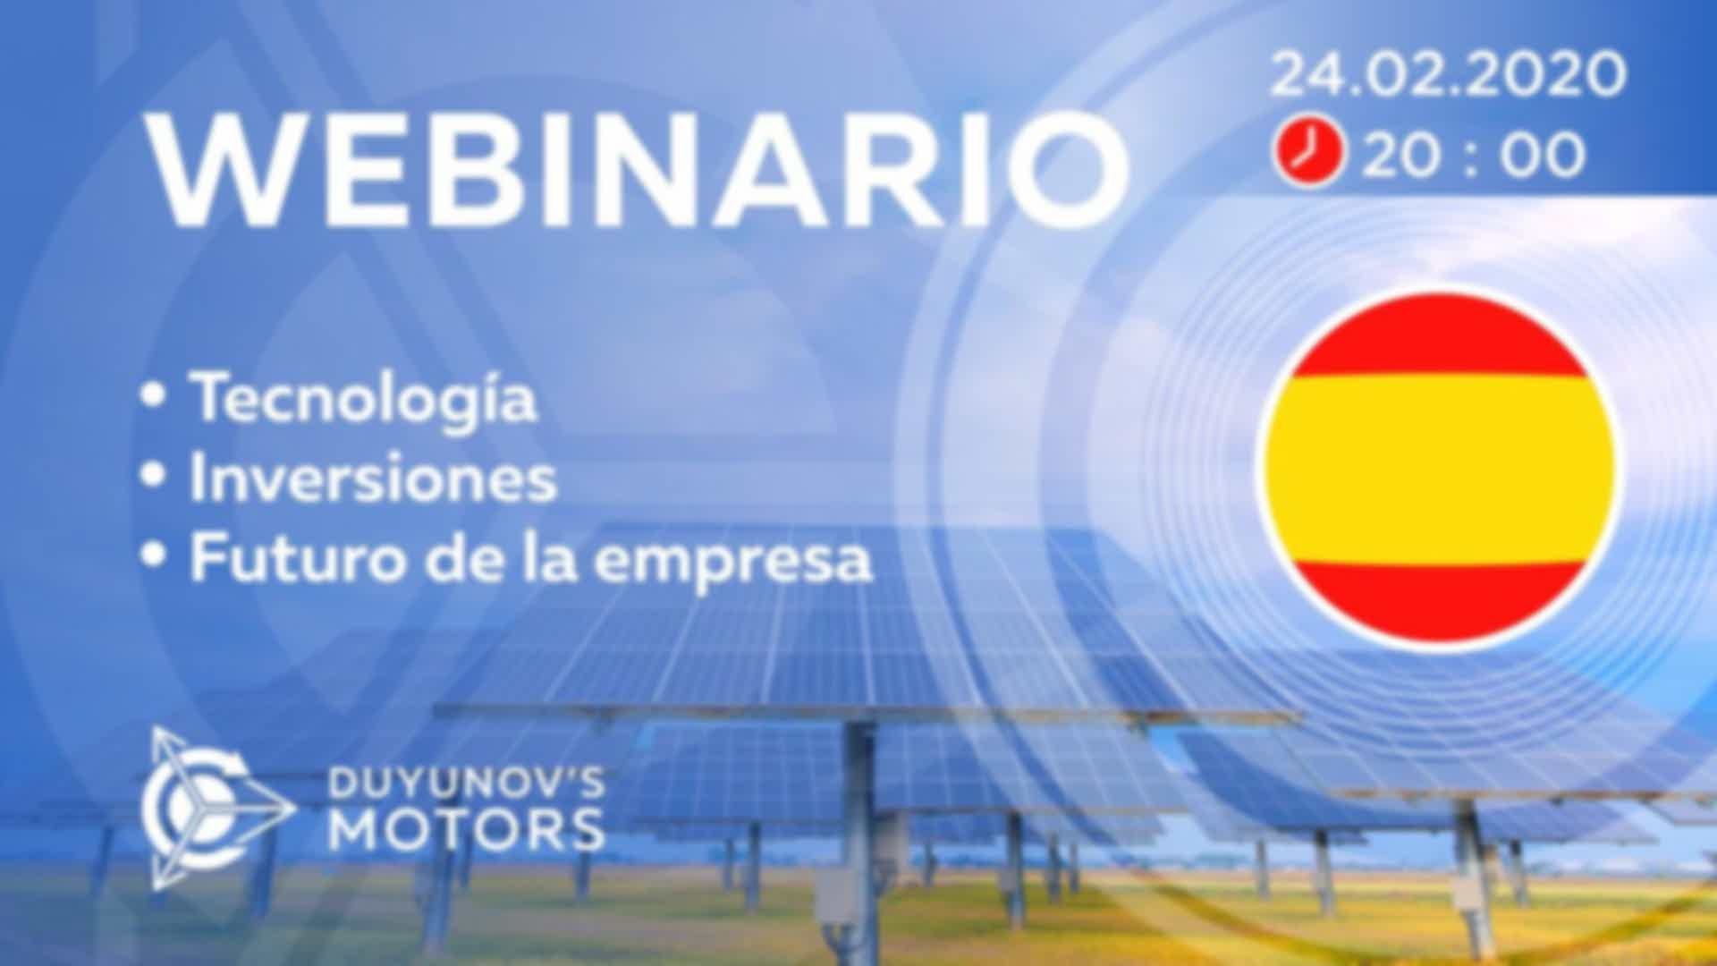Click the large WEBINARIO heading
(x=639, y=170)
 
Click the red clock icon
(x=1308, y=154)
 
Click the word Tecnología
(x=362, y=400)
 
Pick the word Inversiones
(x=373, y=478)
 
